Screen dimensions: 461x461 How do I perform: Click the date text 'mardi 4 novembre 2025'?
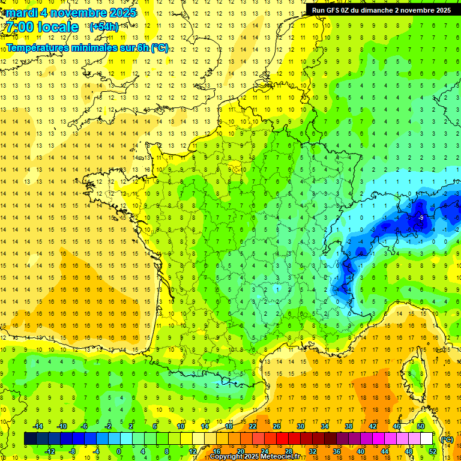[71, 13]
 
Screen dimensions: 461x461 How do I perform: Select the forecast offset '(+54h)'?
[104, 27]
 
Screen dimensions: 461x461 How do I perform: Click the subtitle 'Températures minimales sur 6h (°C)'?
[88, 48]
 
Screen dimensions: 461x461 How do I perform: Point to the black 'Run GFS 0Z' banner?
[381, 10]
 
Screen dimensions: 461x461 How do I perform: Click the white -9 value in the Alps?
[422, 217]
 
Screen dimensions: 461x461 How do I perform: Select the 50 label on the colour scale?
[420, 426]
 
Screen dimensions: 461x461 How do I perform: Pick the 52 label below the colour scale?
[433, 451]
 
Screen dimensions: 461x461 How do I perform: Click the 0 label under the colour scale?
[119, 451]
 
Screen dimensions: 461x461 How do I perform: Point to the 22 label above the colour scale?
[253, 426]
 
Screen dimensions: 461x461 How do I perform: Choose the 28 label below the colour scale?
[288, 451]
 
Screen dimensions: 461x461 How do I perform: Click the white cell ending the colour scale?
[426, 439]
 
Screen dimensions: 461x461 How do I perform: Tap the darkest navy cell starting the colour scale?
[30, 439]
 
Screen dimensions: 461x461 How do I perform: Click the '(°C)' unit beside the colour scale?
[446, 439]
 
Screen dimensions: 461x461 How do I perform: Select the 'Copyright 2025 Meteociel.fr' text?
[255, 457]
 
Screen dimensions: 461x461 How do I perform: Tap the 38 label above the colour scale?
[348, 426]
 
